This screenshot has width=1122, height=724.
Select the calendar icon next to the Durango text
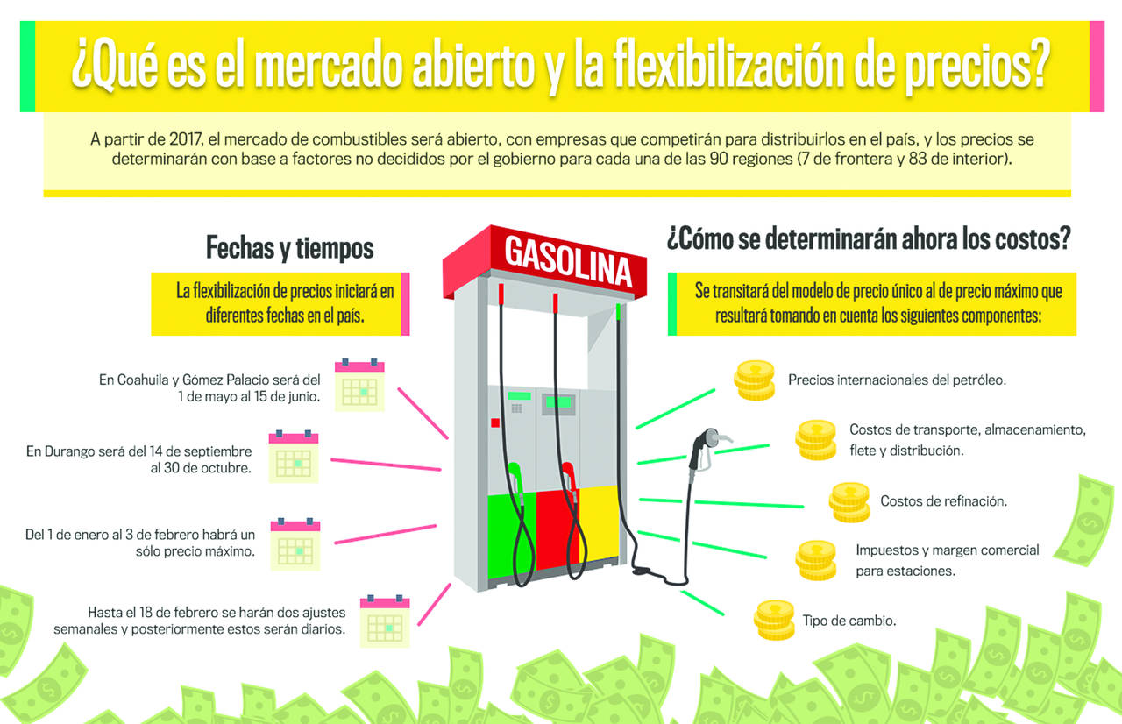click(294, 456)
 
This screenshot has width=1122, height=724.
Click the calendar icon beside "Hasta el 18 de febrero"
click(385, 621)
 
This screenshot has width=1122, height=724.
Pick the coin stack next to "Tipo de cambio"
click(774, 620)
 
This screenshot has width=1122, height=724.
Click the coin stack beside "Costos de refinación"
click(849, 501)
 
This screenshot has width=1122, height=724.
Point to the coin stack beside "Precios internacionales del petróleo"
click(755, 380)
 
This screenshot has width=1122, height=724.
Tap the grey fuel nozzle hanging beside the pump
click(706, 447)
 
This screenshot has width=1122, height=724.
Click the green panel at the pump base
click(511, 535)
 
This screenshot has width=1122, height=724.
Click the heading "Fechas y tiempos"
click(289, 248)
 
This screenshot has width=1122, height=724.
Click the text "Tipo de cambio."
click(849, 621)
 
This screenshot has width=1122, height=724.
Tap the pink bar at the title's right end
click(1097, 66)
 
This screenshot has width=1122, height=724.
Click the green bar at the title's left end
click(27, 66)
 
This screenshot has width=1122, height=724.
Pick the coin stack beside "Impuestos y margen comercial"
click(816, 560)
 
